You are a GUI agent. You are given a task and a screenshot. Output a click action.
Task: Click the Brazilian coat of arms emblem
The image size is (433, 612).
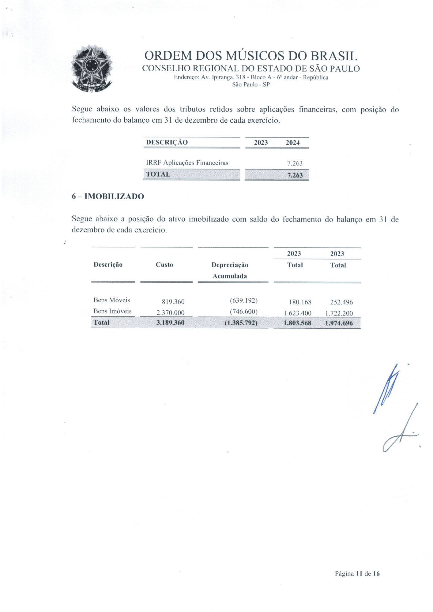(x=92, y=69)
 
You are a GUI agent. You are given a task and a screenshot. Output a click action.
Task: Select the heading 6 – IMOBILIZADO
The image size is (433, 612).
(x=108, y=196)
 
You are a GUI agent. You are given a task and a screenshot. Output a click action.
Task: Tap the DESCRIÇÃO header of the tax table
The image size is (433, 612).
(x=167, y=142)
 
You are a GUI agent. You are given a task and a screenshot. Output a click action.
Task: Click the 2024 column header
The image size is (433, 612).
(x=292, y=143)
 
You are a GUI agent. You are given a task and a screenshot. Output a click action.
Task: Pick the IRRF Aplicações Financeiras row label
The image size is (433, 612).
(x=187, y=163)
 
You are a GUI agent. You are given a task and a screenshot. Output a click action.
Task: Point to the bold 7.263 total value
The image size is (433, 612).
(x=295, y=175)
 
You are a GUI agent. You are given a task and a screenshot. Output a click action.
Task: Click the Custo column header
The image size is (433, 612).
(x=164, y=265)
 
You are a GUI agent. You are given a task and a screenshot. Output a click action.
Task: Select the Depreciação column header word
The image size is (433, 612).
(x=230, y=265)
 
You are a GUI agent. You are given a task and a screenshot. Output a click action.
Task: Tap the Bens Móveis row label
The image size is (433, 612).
(x=112, y=300)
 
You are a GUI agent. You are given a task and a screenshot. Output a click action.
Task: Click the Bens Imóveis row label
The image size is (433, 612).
(x=112, y=311)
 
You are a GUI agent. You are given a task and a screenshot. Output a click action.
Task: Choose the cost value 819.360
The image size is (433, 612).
(x=173, y=302)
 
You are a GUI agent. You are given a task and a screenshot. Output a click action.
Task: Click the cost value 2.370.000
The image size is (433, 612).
(x=170, y=313)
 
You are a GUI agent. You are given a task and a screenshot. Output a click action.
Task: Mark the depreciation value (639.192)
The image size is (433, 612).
(x=243, y=300)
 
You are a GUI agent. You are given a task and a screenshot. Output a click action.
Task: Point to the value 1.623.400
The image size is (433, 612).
(x=297, y=313)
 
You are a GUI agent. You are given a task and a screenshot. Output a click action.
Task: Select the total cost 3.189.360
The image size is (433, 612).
(x=170, y=323)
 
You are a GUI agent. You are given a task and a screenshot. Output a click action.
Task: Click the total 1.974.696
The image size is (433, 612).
(x=339, y=323)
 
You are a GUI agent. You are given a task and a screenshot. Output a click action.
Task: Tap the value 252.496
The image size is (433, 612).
(x=341, y=302)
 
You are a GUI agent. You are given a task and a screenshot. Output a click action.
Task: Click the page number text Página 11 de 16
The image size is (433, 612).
(x=357, y=573)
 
